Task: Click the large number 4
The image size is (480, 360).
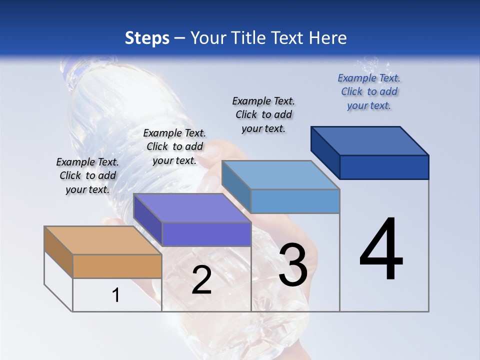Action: (x=381, y=250)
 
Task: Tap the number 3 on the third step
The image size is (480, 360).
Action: (x=292, y=265)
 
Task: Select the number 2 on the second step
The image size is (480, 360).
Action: (x=201, y=280)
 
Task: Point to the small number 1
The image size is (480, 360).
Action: (x=115, y=295)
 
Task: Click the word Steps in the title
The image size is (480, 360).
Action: (x=147, y=38)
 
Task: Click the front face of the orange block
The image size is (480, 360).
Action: (x=117, y=266)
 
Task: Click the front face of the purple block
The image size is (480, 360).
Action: (x=206, y=234)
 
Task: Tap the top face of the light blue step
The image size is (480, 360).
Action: (x=280, y=175)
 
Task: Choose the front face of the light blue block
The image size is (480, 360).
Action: (x=295, y=201)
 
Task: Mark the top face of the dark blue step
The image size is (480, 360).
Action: (x=369, y=141)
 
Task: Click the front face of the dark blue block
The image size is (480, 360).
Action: (x=384, y=167)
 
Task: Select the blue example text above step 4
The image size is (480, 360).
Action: (x=369, y=91)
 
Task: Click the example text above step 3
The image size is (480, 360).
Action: (x=263, y=114)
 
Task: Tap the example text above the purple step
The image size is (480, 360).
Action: (x=174, y=146)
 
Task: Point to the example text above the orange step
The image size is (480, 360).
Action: (x=87, y=175)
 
